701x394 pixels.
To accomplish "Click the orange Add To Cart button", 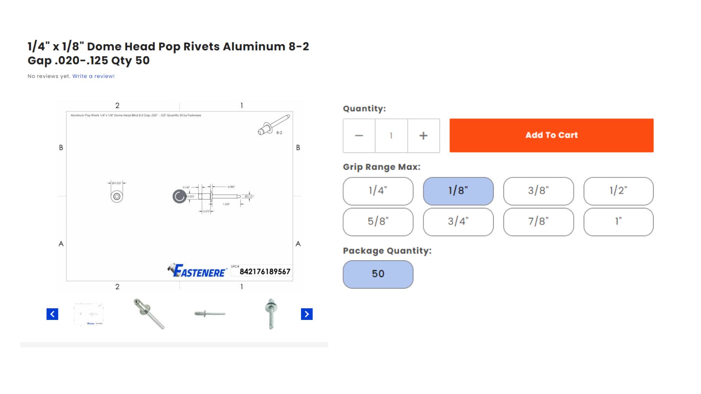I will pyautogui.click(x=551, y=135).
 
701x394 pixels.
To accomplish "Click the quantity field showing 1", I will pyautogui.click(x=391, y=136).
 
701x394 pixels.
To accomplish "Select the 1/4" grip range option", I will pyautogui.click(x=378, y=191).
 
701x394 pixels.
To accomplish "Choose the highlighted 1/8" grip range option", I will pyautogui.click(x=458, y=191).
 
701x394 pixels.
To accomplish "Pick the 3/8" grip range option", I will pyautogui.click(x=538, y=191).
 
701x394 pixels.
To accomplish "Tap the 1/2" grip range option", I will pyautogui.click(x=618, y=191).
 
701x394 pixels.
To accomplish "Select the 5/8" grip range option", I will pyautogui.click(x=378, y=222).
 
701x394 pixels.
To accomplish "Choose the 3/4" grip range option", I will pyautogui.click(x=458, y=222).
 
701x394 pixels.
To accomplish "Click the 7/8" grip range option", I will pyautogui.click(x=538, y=222).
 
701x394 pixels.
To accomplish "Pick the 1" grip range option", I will pyautogui.click(x=618, y=222).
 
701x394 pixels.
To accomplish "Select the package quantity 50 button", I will pyautogui.click(x=378, y=274).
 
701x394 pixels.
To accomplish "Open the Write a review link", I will pyautogui.click(x=93, y=76).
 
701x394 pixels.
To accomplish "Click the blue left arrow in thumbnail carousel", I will pyautogui.click(x=52, y=314).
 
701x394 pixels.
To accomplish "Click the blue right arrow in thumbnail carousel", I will pyautogui.click(x=307, y=314).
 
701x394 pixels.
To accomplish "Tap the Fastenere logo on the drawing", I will pyautogui.click(x=198, y=271).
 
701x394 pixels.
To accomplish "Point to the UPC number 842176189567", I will pyautogui.click(x=265, y=272).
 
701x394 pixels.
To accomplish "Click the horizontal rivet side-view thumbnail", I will pyautogui.click(x=210, y=314).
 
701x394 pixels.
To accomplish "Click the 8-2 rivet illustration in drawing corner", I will pyautogui.click(x=273, y=125).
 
